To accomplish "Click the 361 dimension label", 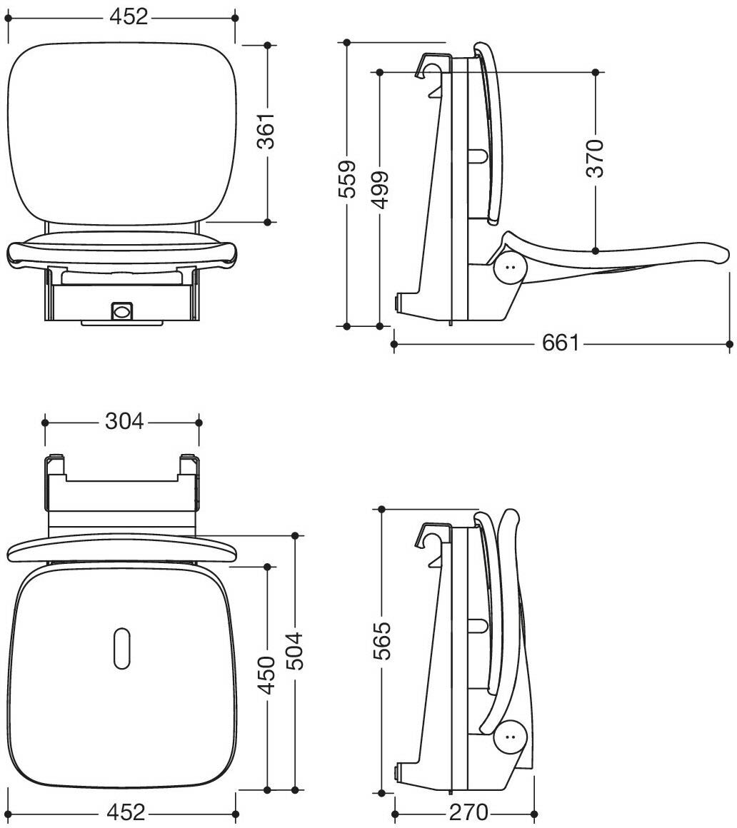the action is click(x=268, y=131).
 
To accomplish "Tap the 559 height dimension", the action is click(x=347, y=179).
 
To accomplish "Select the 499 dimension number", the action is click(x=380, y=190).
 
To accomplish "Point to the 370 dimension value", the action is click(x=596, y=158).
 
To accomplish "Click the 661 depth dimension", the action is click(x=561, y=343).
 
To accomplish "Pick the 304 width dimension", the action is click(x=124, y=421).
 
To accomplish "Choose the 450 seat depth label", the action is click(x=267, y=675).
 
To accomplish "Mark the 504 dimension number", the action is click(x=295, y=651).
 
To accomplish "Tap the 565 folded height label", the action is click(x=381, y=640).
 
